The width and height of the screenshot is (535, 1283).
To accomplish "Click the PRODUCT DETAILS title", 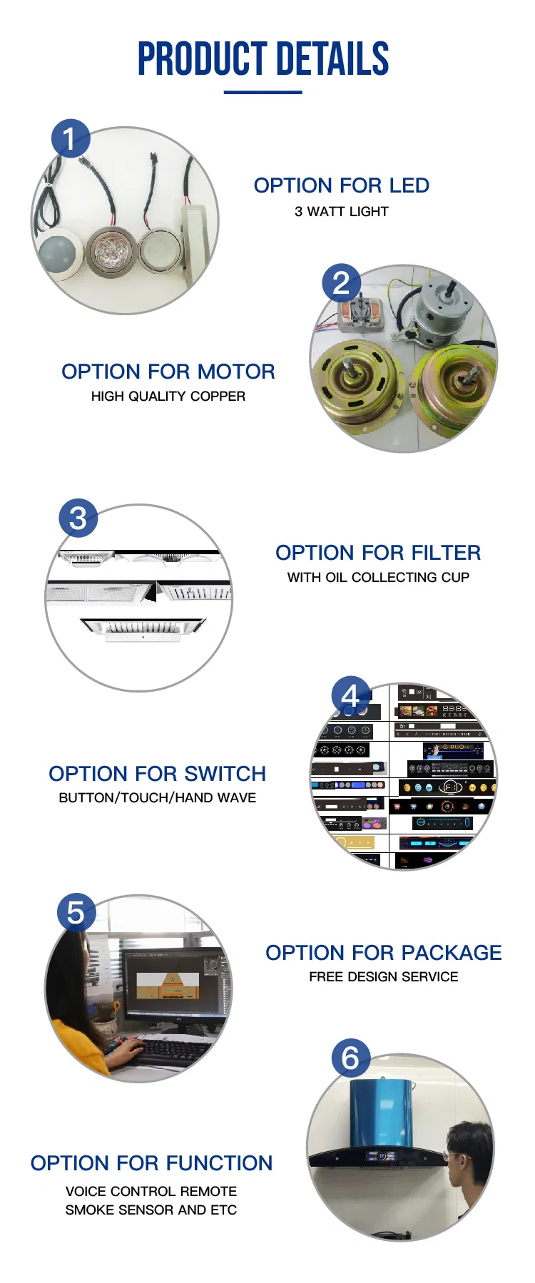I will tap(263, 59).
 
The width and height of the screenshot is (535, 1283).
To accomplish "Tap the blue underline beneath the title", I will tap(263, 92).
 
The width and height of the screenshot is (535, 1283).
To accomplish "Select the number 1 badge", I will tap(70, 138).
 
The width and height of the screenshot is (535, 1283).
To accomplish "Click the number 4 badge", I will tap(350, 695).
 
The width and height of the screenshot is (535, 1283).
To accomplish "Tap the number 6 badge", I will tap(350, 1058).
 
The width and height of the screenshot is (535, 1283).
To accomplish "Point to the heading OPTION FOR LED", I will tap(341, 185).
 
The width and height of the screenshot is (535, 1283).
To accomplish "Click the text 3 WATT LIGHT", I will tap(341, 212).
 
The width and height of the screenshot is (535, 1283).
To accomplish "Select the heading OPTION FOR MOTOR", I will tap(168, 372).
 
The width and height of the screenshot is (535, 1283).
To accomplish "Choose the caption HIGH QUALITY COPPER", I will tap(168, 397).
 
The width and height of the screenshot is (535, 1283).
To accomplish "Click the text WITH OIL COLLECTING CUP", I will tap(378, 578).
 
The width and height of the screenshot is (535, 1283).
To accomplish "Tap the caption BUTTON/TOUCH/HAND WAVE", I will tap(157, 798).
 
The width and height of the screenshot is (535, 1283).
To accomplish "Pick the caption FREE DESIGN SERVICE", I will tap(383, 977).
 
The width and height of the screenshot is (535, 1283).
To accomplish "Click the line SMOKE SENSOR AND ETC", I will tap(151, 1210).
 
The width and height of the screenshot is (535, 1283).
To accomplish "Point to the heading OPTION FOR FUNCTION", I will tap(151, 1163).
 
